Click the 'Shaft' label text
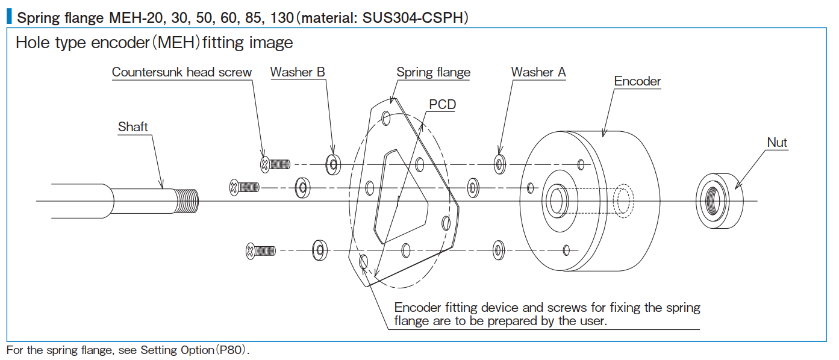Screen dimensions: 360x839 [x=133, y=126]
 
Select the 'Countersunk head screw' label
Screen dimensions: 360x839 [x=181, y=72]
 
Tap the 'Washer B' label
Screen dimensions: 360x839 [x=298, y=72]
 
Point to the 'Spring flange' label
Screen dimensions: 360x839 [x=433, y=72]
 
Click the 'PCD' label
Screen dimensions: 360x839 [x=442, y=105]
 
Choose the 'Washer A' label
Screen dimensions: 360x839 [x=538, y=72]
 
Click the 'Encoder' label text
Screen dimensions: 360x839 [x=637, y=81]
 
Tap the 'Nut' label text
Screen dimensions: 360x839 [x=777, y=143]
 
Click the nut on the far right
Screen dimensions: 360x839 [x=719, y=200]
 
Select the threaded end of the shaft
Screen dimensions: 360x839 [x=187, y=200]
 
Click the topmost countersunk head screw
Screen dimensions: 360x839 [x=275, y=164]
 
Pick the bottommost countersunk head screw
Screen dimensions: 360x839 [x=261, y=250]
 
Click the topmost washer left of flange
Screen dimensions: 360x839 [x=332, y=164]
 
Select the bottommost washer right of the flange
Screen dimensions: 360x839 [x=498, y=249]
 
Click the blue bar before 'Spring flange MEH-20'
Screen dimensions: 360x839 [x=9, y=17]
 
